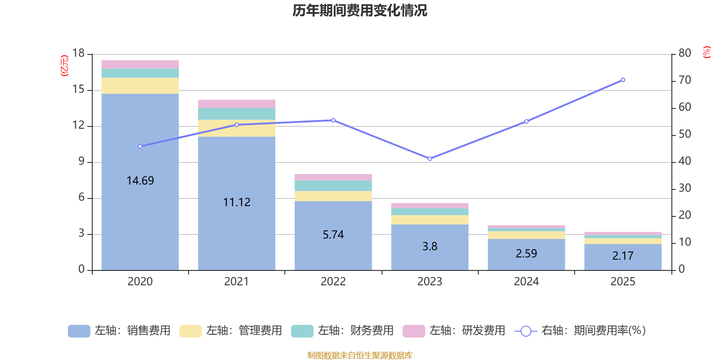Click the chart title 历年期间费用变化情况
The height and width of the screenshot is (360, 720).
point(360,11)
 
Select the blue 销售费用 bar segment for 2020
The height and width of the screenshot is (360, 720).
point(140,182)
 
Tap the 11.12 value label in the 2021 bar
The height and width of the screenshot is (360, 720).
point(237,202)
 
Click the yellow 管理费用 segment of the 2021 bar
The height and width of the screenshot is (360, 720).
point(237,128)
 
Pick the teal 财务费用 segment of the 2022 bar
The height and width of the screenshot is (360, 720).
point(333,186)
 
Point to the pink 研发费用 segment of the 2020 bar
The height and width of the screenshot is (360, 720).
point(140,65)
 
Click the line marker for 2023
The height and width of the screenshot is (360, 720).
point(430,159)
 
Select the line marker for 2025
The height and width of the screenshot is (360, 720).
point(623,80)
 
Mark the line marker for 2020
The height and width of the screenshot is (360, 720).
point(140,147)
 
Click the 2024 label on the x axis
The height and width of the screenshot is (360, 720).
point(526,282)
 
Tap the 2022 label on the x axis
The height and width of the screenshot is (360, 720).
point(333,282)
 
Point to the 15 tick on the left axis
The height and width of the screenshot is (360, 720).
point(78,90)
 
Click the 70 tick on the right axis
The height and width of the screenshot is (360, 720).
point(684,80)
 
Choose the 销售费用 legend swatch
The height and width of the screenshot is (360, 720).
point(79,331)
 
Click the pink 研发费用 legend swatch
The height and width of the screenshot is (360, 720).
point(414,331)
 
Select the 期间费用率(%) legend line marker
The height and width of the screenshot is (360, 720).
point(526,331)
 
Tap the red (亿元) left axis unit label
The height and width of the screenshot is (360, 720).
point(64,66)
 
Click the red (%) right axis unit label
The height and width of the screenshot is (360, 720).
point(706,52)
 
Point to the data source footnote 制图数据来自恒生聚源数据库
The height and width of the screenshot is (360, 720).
point(360,355)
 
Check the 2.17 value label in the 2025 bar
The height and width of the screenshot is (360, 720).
point(623,256)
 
